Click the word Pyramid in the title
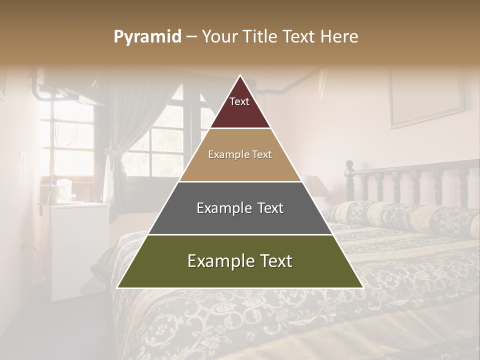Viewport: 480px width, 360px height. (x=147, y=37)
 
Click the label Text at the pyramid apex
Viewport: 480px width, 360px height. (x=239, y=102)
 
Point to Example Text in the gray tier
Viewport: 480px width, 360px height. (x=240, y=208)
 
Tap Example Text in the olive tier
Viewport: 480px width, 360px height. (x=240, y=261)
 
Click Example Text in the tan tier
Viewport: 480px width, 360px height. (x=240, y=154)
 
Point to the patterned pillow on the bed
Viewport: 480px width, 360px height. (x=400, y=215)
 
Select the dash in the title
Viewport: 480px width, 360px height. (x=191, y=37)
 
